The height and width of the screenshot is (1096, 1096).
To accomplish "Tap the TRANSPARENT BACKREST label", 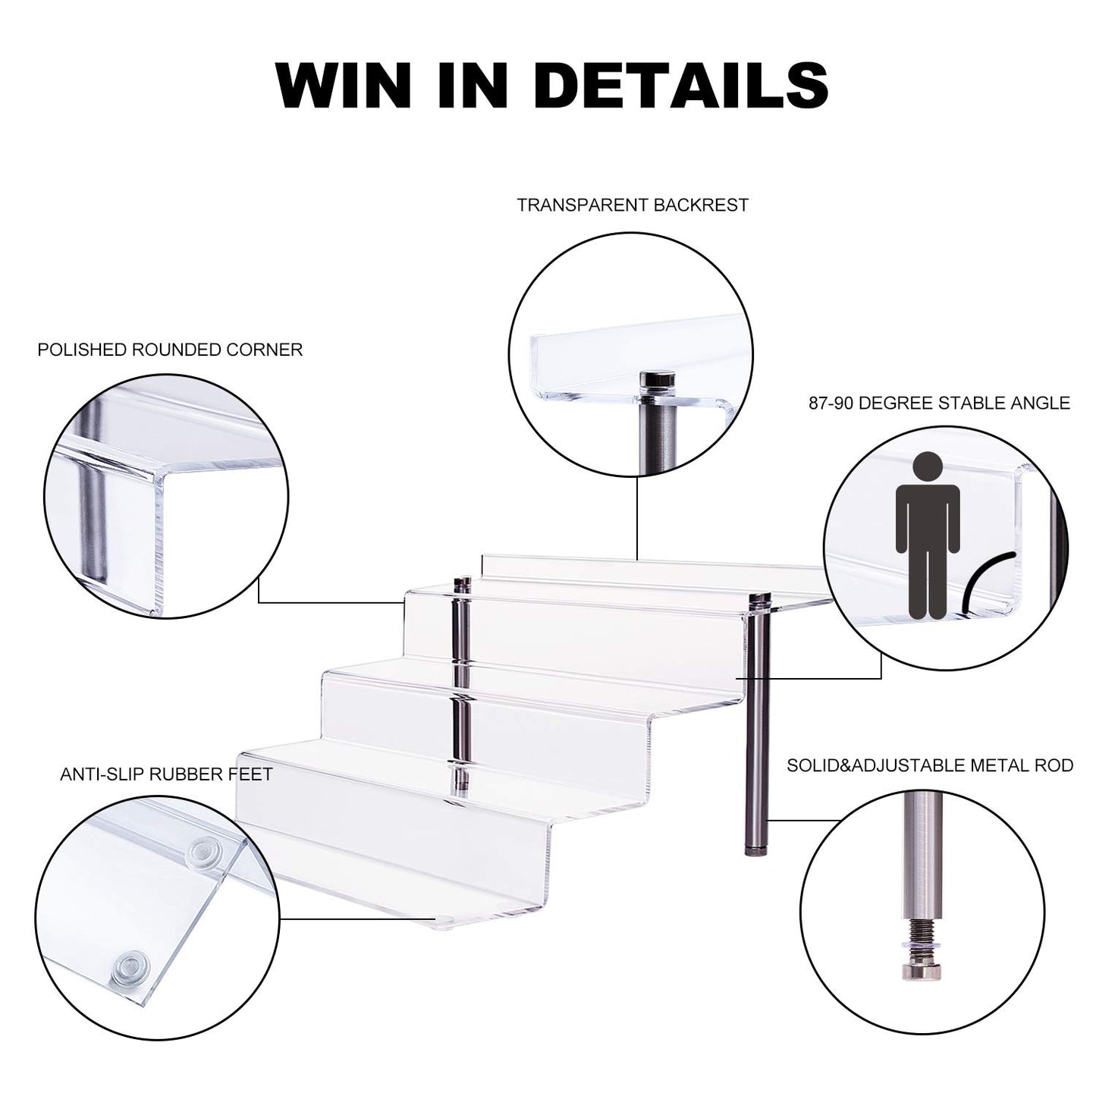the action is [x=632, y=206].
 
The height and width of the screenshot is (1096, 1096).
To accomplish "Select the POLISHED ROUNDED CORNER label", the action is [x=170, y=350].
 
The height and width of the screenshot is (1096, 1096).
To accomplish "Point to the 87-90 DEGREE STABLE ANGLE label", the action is [x=939, y=404].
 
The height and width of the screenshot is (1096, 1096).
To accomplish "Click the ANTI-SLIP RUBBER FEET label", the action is [x=166, y=774].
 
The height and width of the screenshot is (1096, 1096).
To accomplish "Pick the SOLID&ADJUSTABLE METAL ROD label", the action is [x=930, y=765].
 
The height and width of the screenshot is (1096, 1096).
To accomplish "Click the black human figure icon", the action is [x=928, y=535].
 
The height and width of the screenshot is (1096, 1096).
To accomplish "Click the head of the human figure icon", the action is [x=928, y=467].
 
